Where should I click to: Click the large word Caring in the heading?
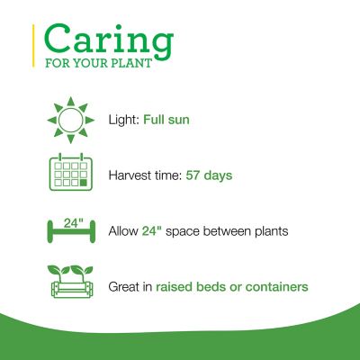(108, 40)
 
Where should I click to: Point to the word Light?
(122, 119)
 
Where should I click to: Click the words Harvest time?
(144, 175)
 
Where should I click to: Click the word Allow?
(122, 230)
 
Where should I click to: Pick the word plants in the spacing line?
(269, 230)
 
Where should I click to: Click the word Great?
(125, 286)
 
